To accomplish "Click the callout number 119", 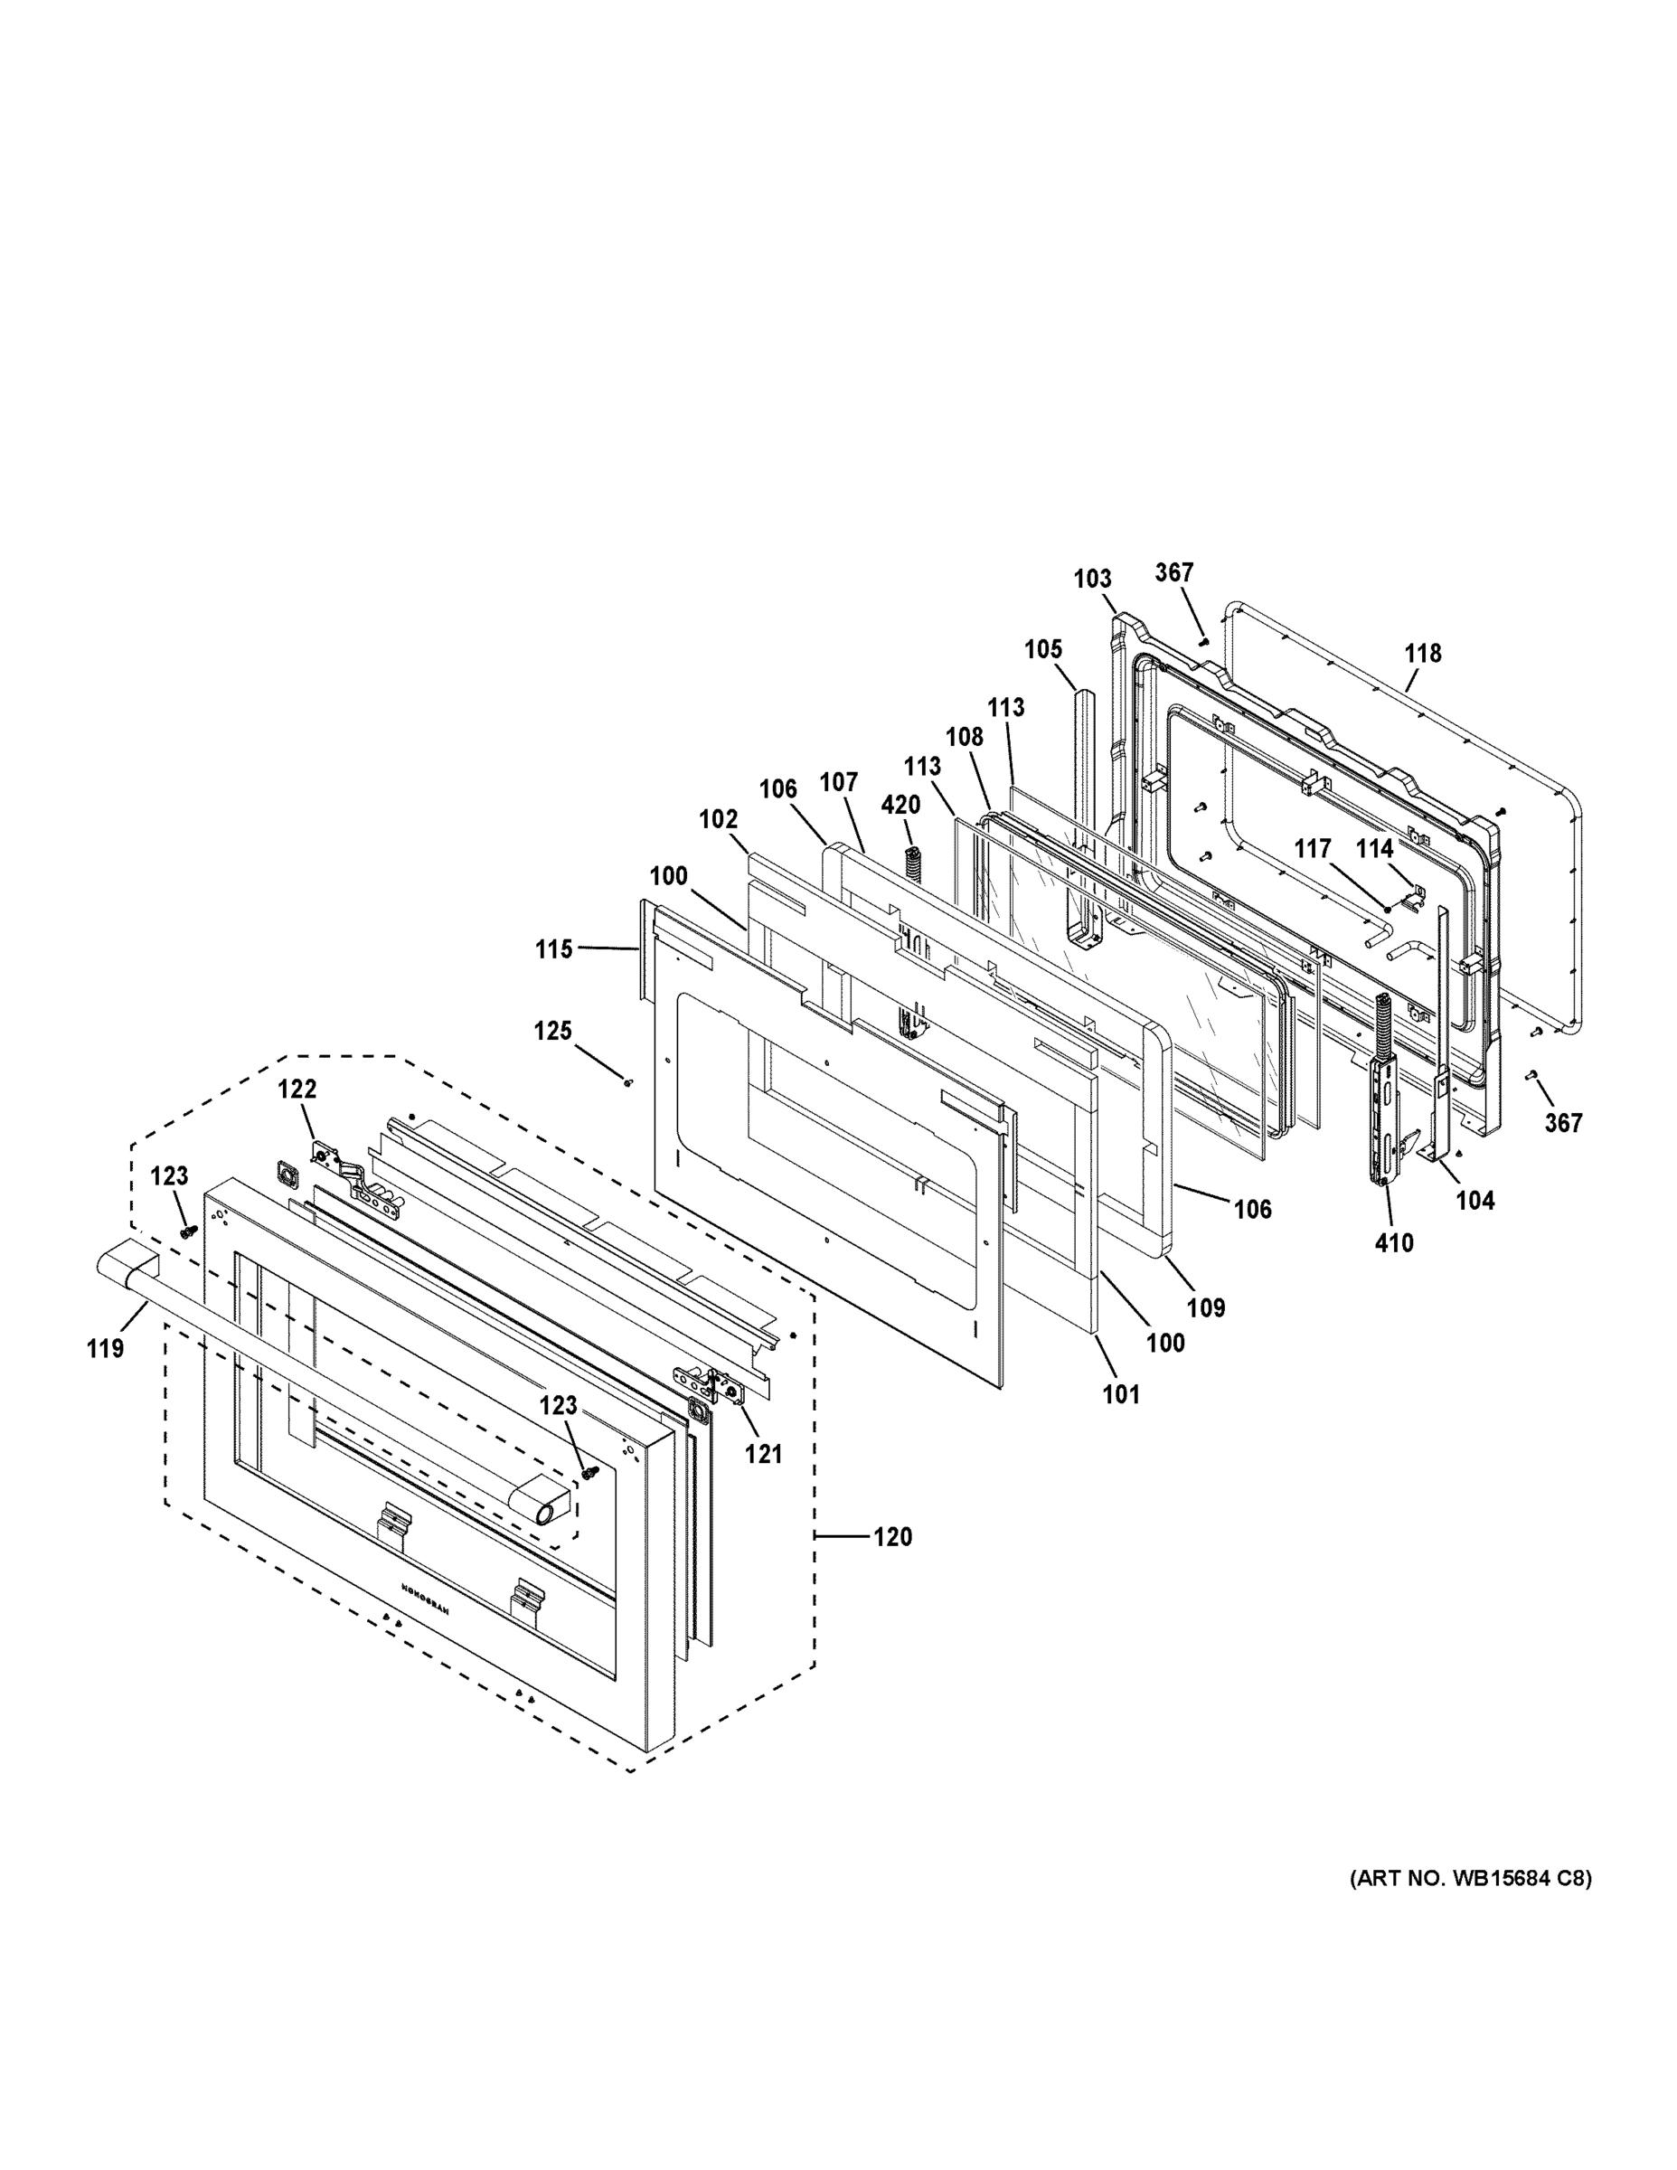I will click(x=105, y=1348).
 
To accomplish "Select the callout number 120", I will click(x=892, y=1537).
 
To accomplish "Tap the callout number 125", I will click(x=552, y=1031).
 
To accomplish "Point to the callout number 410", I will click(x=1394, y=1242).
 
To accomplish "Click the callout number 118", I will click(x=1423, y=653).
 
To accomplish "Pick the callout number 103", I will click(x=1092, y=579).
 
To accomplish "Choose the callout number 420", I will click(x=900, y=805).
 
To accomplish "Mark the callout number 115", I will click(x=553, y=948).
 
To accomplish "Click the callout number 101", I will click(x=1121, y=1394).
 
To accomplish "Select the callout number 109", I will click(x=1206, y=1307).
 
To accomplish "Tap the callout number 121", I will click(x=764, y=1455).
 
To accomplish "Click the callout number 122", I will click(x=296, y=1089).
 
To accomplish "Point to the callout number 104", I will click(x=1474, y=1200).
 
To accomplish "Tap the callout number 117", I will click(x=1312, y=848).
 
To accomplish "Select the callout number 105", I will click(x=1043, y=649).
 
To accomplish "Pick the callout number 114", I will click(x=1375, y=848).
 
